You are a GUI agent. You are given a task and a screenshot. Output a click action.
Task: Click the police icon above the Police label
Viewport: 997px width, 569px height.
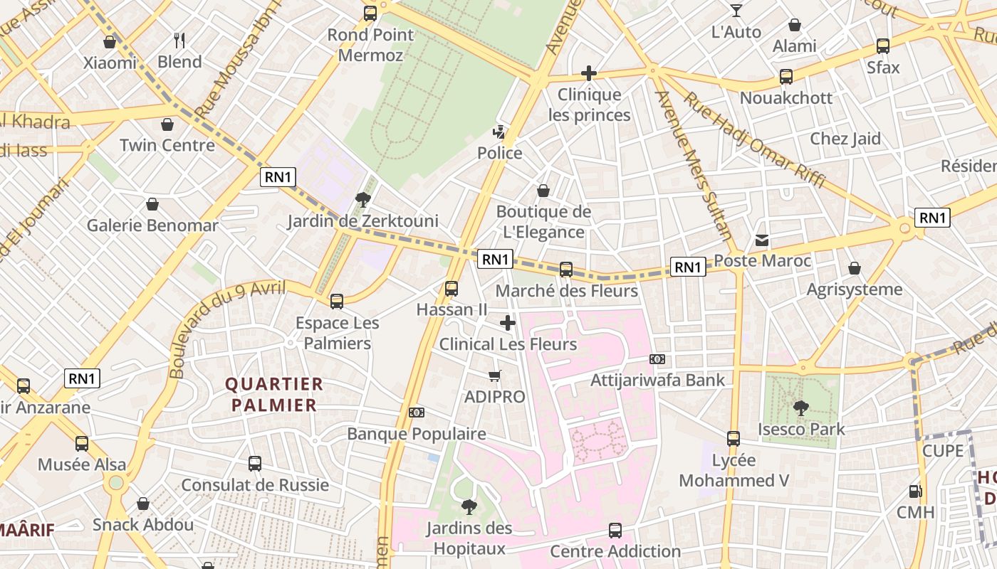[x=500, y=132]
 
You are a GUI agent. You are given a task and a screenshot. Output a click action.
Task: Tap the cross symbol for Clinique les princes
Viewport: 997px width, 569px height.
[x=588, y=73]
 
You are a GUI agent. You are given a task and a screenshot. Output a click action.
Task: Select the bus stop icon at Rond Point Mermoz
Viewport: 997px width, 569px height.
[x=370, y=13]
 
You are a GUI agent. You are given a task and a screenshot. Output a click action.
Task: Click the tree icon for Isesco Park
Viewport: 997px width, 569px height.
[x=800, y=408]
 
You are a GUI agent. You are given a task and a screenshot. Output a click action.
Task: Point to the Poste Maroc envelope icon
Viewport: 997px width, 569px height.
[x=762, y=240]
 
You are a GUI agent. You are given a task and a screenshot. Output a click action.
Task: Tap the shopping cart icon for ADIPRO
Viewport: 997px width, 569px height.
[x=494, y=376]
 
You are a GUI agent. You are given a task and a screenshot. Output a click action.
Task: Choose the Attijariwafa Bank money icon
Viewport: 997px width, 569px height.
[x=657, y=359]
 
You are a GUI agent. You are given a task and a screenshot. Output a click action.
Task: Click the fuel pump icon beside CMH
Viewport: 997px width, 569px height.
[x=915, y=491]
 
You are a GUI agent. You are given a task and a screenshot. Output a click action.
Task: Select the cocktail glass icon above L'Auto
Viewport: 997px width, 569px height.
[x=736, y=11]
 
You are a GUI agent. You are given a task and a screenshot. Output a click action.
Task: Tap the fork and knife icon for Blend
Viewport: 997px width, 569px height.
[x=179, y=41]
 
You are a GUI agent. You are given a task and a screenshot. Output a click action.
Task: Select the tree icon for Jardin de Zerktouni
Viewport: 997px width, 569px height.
[x=363, y=200]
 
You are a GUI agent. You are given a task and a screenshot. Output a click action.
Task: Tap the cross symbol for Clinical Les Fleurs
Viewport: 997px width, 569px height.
[x=507, y=324]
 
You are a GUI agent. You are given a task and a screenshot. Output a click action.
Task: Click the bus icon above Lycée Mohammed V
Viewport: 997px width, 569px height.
[x=734, y=439]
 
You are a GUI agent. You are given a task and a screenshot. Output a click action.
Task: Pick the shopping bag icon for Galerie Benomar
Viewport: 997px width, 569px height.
[x=152, y=205]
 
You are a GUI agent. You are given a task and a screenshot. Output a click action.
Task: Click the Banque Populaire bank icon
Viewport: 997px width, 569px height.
[x=417, y=413]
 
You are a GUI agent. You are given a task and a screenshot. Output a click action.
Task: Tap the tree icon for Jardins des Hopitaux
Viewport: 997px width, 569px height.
[x=469, y=506]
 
